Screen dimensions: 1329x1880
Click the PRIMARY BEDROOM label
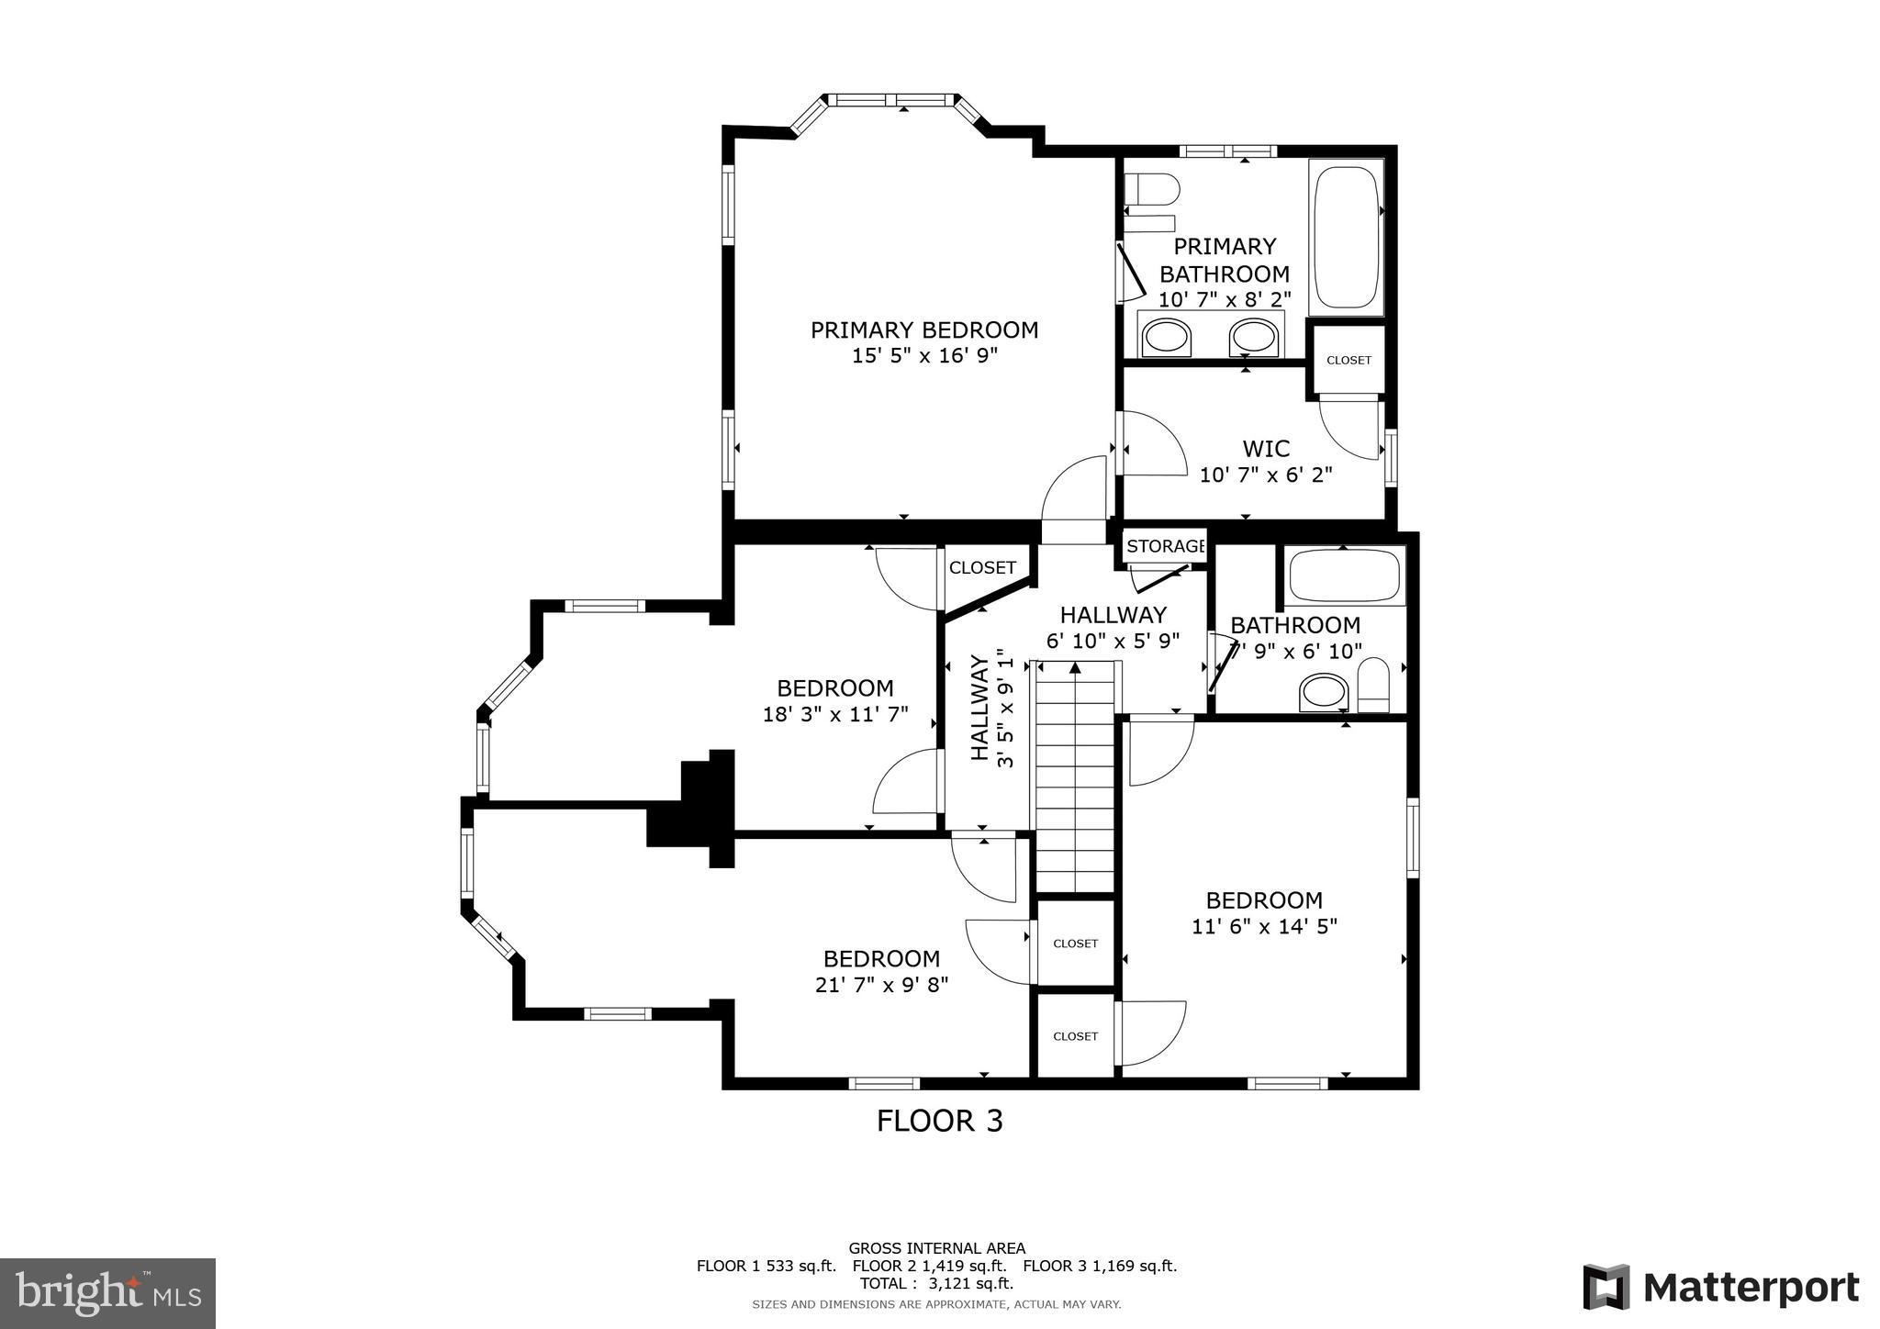(x=923, y=329)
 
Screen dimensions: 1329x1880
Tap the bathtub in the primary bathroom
(x=1346, y=237)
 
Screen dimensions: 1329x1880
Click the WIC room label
(x=1266, y=449)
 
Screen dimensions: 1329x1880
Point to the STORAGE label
(x=1164, y=547)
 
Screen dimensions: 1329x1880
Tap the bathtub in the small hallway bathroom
(x=1344, y=576)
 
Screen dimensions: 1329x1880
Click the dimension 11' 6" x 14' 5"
(x=1264, y=927)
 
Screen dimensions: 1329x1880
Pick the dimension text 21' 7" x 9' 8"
(x=881, y=985)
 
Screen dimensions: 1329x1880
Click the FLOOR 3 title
(x=939, y=1121)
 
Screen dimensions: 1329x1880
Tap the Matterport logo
(x=1720, y=1288)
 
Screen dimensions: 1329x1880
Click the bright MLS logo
(x=107, y=1293)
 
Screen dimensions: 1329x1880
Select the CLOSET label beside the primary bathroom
(x=1348, y=361)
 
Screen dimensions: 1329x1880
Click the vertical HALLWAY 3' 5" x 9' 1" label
(x=992, y=708)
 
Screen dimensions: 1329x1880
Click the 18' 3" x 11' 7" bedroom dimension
(x=835, y=714)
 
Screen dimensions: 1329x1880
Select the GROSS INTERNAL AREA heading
(x=936, y=1248)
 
